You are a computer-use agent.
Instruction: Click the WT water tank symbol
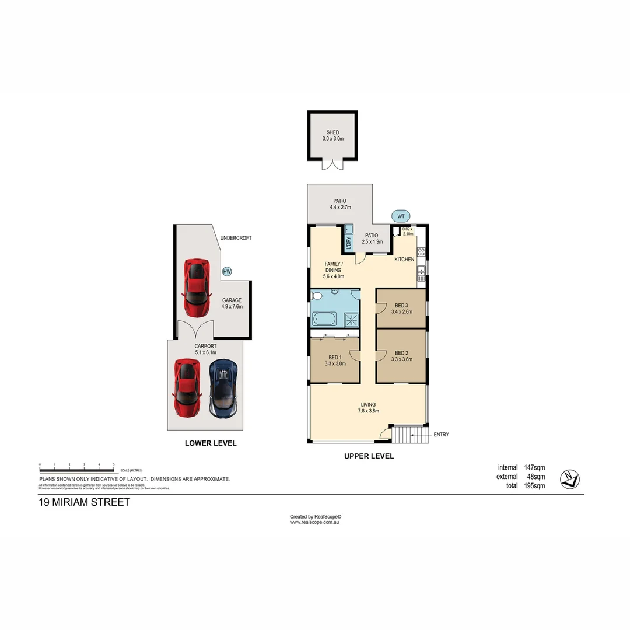point(400,216)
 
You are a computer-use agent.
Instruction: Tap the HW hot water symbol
point(227,271)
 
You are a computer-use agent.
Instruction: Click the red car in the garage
point(197,285)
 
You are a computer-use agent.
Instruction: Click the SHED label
point(332,132)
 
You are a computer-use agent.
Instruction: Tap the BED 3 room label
point(401,306)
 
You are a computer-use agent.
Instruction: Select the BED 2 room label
point(401,353)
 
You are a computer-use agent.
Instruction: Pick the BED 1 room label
point(335,357)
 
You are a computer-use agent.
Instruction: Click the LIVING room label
point(368,404)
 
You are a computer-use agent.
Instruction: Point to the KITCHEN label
point(404,259)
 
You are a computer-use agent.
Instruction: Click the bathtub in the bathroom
point(325,318)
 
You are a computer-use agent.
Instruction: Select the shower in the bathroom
point(351,318)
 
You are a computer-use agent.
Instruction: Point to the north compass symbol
point(569,479)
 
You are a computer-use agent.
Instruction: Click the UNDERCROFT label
point(236,238)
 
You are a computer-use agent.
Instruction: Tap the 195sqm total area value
point(534,485)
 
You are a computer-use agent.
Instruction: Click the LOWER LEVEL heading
point(211,443)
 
